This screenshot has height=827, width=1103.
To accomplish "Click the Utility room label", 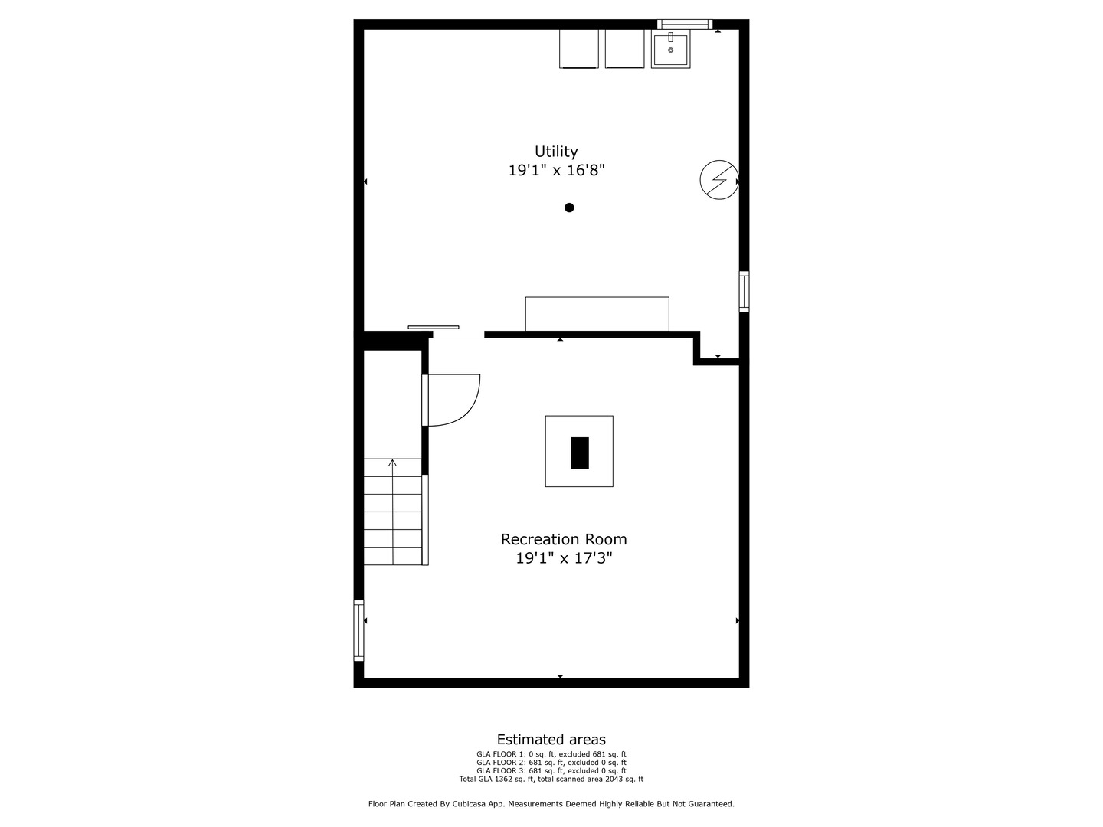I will (x=556, y=152).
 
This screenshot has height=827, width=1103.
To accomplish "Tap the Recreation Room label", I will (x=564, y=540).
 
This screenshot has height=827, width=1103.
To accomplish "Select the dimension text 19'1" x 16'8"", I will (x=557, y=170).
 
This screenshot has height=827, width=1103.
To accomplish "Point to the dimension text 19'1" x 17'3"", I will (x=564, y=558).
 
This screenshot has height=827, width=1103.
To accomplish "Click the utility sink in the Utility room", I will (x=670, y=49).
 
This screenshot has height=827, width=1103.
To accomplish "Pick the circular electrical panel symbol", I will (x=718, y=180).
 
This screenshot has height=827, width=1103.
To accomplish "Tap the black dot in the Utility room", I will (x=569, y=208).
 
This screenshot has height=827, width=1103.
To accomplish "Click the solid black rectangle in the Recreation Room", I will (x=580, y=453).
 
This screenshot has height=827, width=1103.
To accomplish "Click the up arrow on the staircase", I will (x=392, y=463).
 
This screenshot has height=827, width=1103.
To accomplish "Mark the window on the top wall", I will (x=685, y=25).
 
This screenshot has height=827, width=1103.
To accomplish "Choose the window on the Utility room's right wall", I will (x=744, y=291).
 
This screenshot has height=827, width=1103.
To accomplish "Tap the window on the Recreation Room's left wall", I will (x=358, y=630).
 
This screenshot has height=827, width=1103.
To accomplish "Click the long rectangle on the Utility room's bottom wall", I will (x=597, y=314).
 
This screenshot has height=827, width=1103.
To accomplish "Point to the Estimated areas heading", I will (x=551, y=740).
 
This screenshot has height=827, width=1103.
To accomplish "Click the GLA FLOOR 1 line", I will (x=551, y=754).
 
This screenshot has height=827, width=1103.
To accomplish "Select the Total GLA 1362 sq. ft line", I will (x=551, y=780).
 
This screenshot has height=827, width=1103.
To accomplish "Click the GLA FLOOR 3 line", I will (x=551, y=771).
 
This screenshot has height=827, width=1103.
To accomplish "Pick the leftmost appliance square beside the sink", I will (x=579, y=49).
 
